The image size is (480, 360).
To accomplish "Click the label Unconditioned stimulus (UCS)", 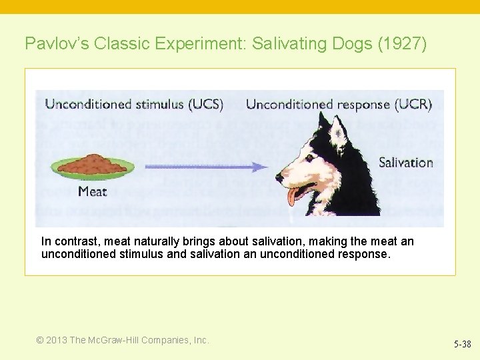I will pyautogui.click(x=134, y=104).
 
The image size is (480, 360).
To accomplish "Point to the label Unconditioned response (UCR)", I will pyautogui.click(x=339, y=104).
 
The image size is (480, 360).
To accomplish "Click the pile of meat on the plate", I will pyautogui.click(x=96, y=163).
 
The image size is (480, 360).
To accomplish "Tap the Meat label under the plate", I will pyautogui.click(x=92, y=192).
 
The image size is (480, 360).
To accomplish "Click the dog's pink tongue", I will pyautogui.click(x=294, y=196).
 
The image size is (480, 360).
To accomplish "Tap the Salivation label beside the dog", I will pyautogui.click(x=405, y=162).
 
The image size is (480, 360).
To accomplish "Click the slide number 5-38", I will pyautogui.click(x=462, y=344).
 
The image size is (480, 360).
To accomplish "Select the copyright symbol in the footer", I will pyautogui.click(x=40, y=340).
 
